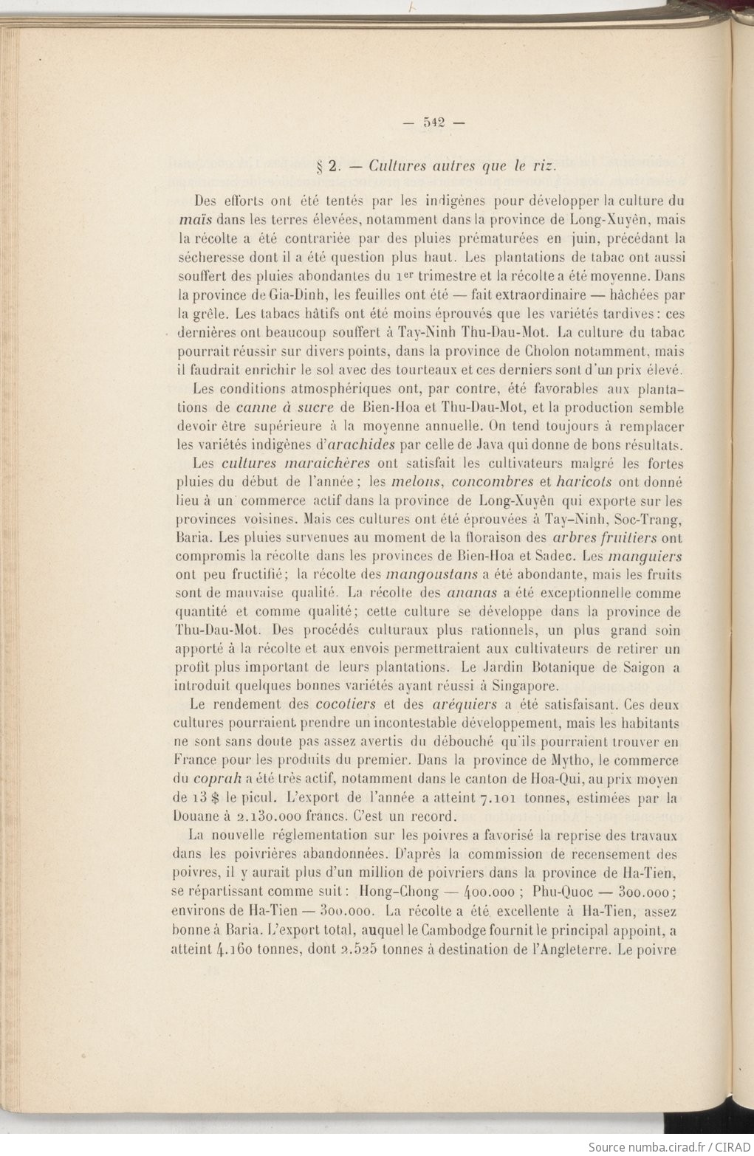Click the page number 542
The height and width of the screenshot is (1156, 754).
click(x=433, y=123)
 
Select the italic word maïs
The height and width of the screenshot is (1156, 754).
click(x=194, y=219)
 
